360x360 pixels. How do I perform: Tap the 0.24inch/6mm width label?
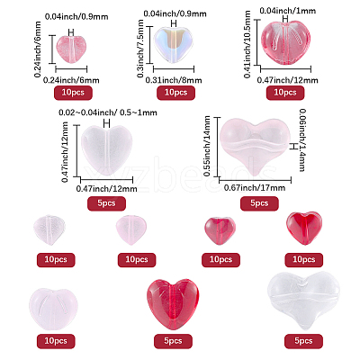[x=71, y=80]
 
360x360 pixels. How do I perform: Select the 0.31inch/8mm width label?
[x=174, y=80]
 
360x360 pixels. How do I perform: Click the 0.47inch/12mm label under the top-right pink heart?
[x=288, y=80]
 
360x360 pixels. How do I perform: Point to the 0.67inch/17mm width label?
[x=255, y=188]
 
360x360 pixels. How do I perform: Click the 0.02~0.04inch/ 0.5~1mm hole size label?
[x=108, y=112]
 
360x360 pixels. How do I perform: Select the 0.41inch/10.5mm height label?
[x=247, y=44]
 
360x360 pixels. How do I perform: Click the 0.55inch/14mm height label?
[x=207, y=146]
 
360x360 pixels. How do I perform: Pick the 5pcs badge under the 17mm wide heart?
[x=259, y=203]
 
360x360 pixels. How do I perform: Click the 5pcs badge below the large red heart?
[x=173, y=341]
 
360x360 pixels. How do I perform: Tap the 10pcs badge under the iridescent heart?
[x=175, y=93]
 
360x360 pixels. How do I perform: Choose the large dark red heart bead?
[x=173, y=304]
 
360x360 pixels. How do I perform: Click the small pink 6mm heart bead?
[x=71, y=49]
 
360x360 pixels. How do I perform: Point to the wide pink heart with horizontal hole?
[x=255, y=147]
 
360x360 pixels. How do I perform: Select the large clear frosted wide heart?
[x=303, y=300]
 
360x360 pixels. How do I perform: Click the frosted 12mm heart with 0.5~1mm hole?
[x=107, y=151]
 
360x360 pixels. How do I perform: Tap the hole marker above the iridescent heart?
[x=174, y=23]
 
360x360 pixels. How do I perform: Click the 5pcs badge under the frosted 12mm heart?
[x=106, y=203]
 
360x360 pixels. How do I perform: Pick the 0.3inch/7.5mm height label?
[x=140, y=49]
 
